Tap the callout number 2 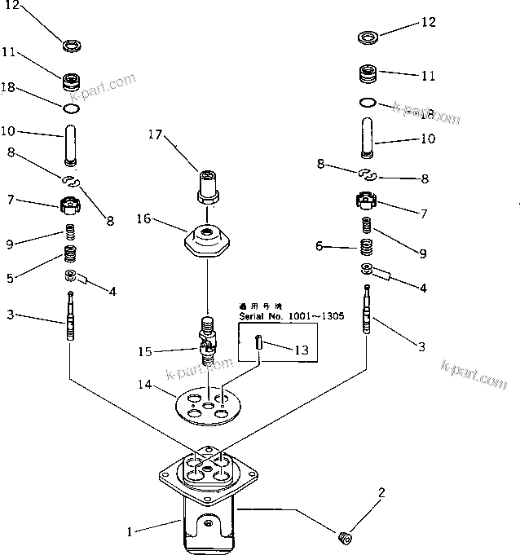click(380, 492)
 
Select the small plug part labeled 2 click(344, 537)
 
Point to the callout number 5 click(11, 278)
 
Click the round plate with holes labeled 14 click(209, 405)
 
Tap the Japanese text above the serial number click(258, 306)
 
